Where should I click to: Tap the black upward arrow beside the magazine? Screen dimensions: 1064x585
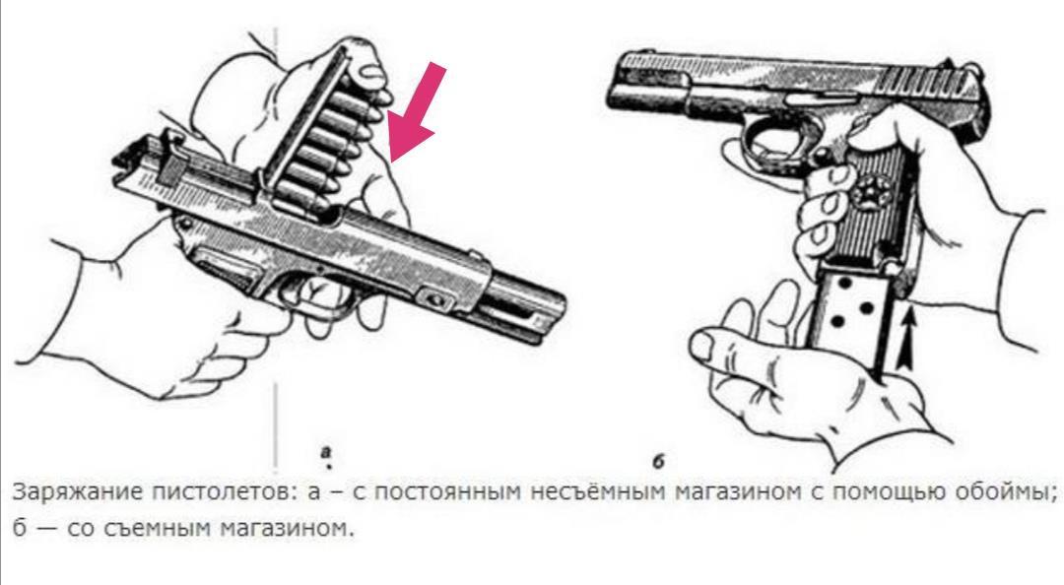tap(908, 340)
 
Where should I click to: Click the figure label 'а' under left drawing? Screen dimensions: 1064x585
tap(326, 451)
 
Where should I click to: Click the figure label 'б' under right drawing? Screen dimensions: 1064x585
tap(657, 462)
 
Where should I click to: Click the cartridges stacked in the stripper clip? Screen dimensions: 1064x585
tap(333, 146)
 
